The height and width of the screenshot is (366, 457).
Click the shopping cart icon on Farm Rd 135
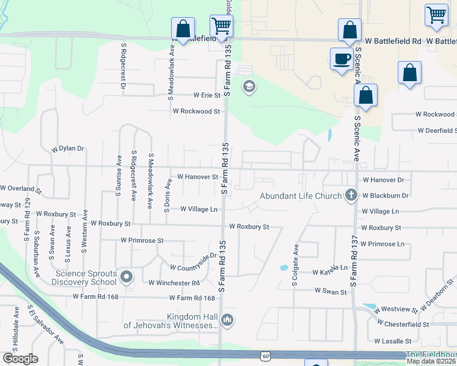pyautogui.click(x=221, y=26)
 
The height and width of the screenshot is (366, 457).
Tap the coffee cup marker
pyautogui.click(x=341, y=59)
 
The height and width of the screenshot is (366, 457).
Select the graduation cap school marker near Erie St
pyautogui.click(x=249, y=86)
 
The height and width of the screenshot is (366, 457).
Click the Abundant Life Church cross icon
pyautogui.click(x=351, y=195)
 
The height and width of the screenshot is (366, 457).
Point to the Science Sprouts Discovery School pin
pyautogui.click(x=126, y=277)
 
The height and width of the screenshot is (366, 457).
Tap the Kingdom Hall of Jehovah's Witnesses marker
pyautogui.click(x=227, y=320)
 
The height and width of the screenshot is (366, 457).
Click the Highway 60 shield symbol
pyautogui.click(x=264, y=356)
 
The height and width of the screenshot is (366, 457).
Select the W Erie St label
pyautogui.click(x=207, y=95)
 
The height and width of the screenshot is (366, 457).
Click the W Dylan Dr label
pyautogui.click(x=67, y=148)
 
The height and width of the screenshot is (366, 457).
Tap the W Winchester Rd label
pyautogui.click(x=174, y=283)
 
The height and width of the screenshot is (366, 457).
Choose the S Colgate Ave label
pyautogui.click(x=296, y=267)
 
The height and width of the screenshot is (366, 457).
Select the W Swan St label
pyautogui.click(x=331, y=292)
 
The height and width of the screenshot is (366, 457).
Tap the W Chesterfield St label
pyautogui.click(x=403, y=323)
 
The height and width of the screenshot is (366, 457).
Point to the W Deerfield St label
pyautogui.click(x=437, y=131)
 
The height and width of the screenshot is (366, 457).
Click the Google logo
pyautogui.click(x=20, y=359)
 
